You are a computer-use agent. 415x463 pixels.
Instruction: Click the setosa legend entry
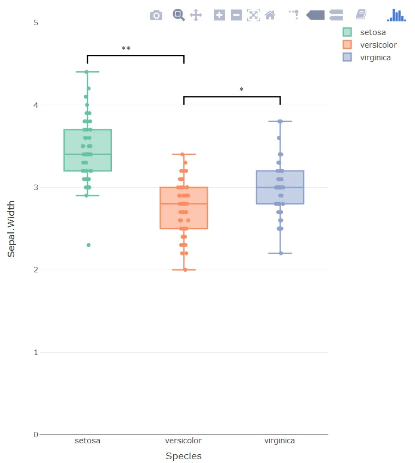(x=373, y=32)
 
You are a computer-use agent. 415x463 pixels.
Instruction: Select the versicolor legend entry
(x=378, y=45)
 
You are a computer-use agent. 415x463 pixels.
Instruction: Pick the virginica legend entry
(x=375, y=58)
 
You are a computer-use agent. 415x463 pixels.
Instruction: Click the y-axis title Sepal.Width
(x=12, y=228)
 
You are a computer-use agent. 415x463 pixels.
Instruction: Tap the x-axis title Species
(x=184, y=456)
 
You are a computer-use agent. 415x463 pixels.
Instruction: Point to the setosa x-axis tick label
(x=88, y=441)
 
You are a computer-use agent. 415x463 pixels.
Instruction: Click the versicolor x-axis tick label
(x=184, y=441)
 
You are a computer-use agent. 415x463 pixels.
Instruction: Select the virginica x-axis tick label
(x=280, y=441)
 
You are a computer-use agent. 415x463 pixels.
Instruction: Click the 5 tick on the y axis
(x=36, y=22)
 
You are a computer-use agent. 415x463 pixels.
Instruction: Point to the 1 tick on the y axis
(x=36, y=352)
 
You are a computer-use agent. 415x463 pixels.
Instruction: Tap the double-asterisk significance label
(x=126, y=49)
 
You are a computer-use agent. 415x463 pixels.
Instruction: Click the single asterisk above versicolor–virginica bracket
(x=241, y=90)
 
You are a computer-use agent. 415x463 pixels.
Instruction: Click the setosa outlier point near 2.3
(x=88, y=245)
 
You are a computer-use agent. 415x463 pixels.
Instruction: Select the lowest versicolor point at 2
(x=185, y=270)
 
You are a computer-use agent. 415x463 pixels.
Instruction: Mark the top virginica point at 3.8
(x=280, y=121)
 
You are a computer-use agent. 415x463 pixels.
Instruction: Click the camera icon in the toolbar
(x=156, y=15)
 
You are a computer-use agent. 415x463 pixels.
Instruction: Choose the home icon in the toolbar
(x=270, y=15)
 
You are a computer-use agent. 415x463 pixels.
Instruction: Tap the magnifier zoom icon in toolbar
(x=178, y=15)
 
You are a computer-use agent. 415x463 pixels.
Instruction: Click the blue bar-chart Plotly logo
(x=396, y=15)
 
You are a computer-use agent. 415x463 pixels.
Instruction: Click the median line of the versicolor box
(x=184, y=204)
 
